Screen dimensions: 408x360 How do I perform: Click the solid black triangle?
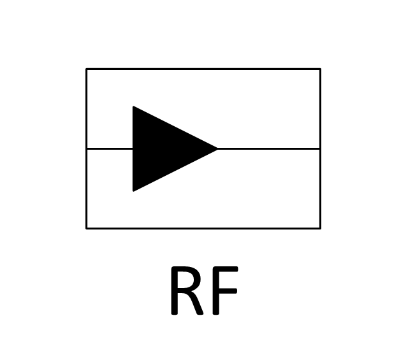pos(161,149)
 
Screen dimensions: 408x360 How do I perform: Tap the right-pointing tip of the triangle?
pos(217,149)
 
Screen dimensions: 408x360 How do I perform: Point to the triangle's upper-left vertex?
pos(133,106)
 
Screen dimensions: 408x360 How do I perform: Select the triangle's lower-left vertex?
pos(133,191)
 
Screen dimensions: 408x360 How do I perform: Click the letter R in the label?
pos(187,291)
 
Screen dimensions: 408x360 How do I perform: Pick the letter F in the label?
pos(225,291)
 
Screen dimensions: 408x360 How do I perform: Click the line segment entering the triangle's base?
pos(110,149)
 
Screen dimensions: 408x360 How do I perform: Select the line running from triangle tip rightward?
pos(269,149)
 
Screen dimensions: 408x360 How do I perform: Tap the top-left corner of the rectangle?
pos(87,69)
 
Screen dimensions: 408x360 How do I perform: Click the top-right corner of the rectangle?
pos(320,69)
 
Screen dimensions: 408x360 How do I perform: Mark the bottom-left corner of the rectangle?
pos(87,229)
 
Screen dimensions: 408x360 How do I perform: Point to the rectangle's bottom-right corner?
pos(320,229)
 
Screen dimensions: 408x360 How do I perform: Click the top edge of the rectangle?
pos(203,69)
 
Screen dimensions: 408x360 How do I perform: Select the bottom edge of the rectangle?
pos(203,229)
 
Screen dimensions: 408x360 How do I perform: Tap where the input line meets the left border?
pos(87,149)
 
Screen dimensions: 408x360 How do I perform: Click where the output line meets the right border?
pos(320,149)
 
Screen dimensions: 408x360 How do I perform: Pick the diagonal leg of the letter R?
pos(196,303)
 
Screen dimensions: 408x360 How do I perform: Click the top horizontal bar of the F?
pos(225,269)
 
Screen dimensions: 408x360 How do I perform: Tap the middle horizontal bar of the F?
pos(225,291)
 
